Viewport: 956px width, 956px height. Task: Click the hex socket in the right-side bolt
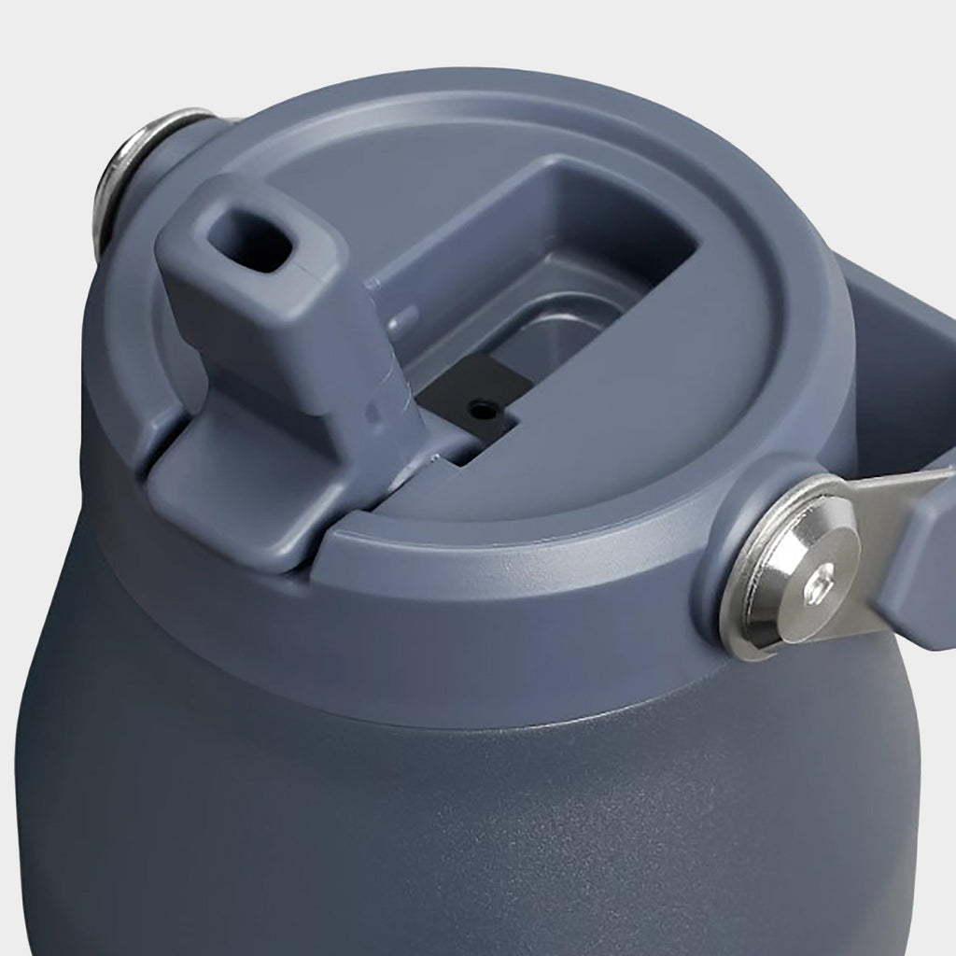(817, 582)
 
